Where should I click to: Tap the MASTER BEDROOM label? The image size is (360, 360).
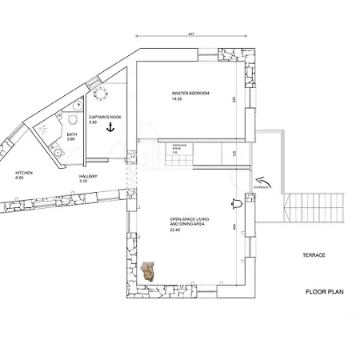pyautogui.click(x=190, y=94)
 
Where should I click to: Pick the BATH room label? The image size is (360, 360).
pyautogui.click(x=72, y=134)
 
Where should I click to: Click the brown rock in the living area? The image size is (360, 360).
pyautogui.click(x=148, y=271)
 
